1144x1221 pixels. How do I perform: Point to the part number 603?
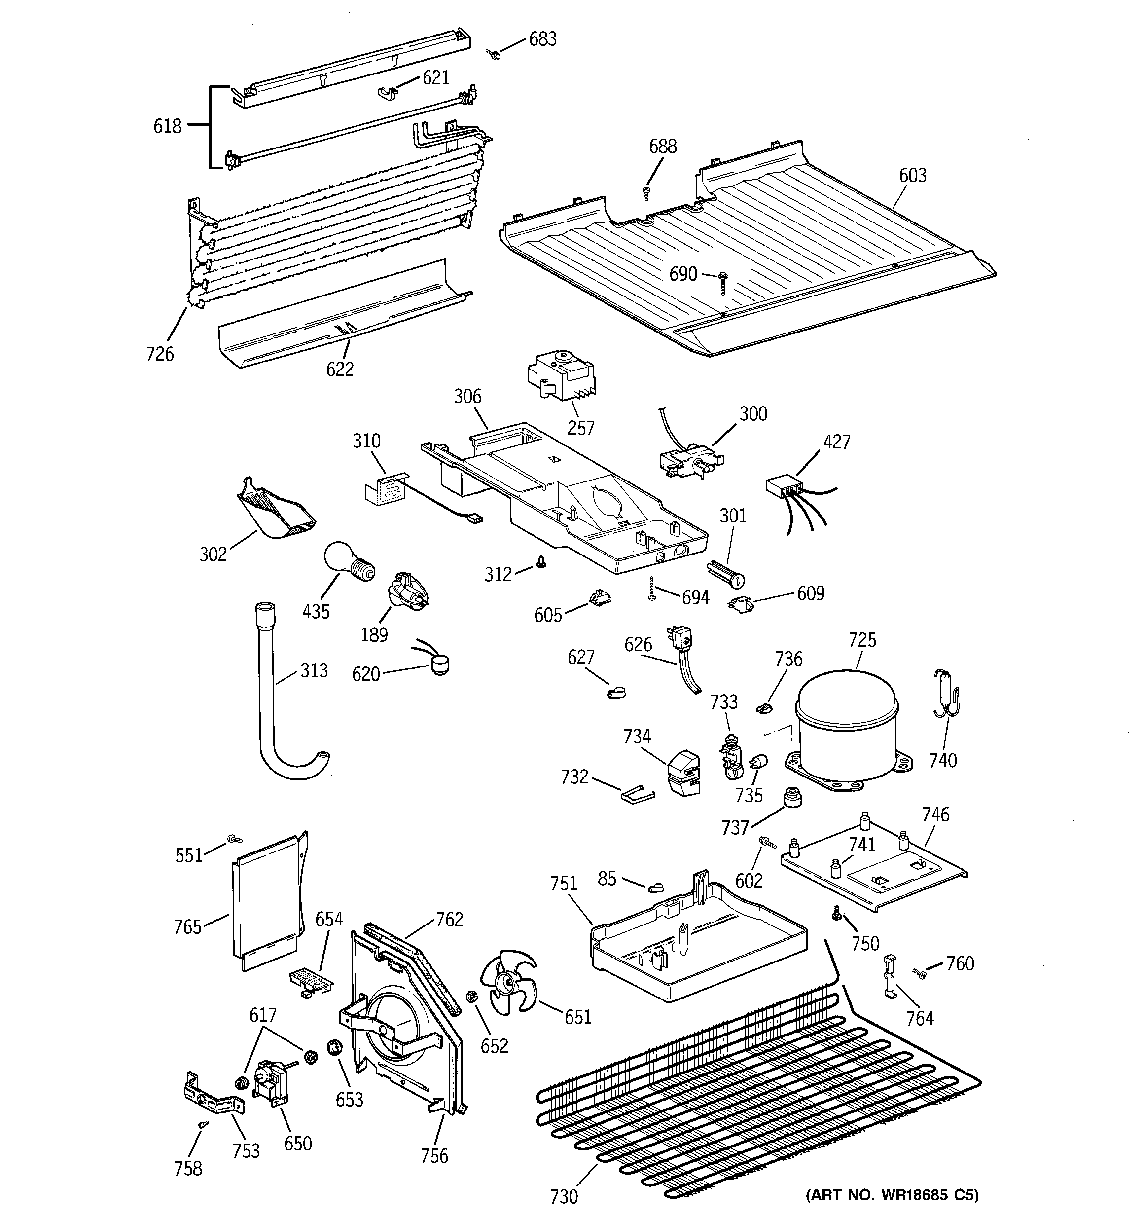[913, 176]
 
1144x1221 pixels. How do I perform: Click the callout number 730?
[564, 1196]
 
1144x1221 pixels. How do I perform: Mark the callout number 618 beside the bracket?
[168, 126]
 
